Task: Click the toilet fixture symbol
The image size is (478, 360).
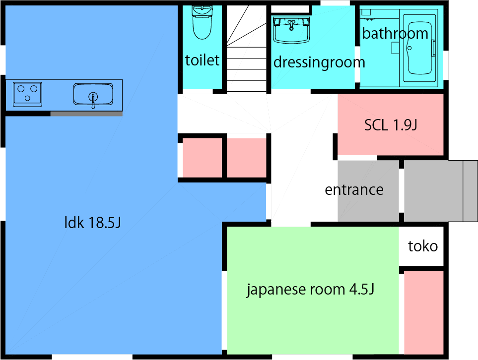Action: click(x=201, y=22)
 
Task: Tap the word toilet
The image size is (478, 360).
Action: click(x=202, y=60)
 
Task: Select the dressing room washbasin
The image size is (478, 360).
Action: click(x=292, y=31)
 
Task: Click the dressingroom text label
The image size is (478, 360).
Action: click(x=319, y=62)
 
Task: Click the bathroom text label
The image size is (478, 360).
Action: click(x=395, y=34)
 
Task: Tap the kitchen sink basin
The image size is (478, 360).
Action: click(x=93, y=94)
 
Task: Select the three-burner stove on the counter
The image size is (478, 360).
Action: click(x=27, y=94)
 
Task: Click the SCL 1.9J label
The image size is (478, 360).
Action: click(x=390, y=125)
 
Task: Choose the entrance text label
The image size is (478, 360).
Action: click(x=354, y=190)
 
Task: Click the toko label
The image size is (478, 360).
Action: click(x=423, y=246)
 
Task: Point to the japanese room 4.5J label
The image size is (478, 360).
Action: click(x=310, y=290)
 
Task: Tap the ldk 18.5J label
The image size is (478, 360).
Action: click(x=93, y=223)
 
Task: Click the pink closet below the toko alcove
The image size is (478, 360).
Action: click(x=423, y=312)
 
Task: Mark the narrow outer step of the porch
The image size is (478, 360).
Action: click(x=470, y=191)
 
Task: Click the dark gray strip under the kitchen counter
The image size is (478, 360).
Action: click(x=86, y=114)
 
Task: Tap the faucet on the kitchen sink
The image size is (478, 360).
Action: click(x=92, y=99)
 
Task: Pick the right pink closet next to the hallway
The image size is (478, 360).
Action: click(x=247, y=158)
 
